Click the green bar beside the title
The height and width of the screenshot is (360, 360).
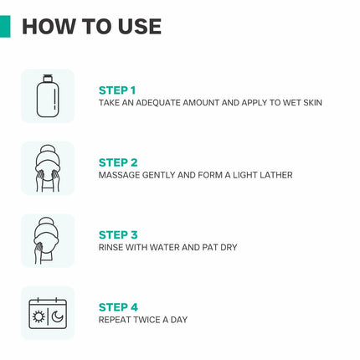(5, 27)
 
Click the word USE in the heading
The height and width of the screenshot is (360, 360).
(140, 27)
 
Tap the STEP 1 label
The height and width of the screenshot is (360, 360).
(117, 90)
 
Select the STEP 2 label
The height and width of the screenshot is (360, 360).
(118, 162)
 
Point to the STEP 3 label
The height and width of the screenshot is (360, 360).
(118, 234)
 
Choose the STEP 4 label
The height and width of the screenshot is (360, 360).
(118, 307)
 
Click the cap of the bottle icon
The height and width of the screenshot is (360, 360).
(48, 79)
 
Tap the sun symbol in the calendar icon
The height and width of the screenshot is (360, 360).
(39, 316)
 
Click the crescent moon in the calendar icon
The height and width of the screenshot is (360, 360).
(58, 316)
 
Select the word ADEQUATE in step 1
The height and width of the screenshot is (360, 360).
(158, 103)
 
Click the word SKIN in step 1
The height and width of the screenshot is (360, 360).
(312, 103)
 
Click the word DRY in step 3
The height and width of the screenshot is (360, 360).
(229, 247)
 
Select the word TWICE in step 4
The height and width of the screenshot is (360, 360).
(147, 320)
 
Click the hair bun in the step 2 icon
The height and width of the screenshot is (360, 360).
(48, 150)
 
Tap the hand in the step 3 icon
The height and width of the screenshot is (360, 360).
(38, 253)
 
